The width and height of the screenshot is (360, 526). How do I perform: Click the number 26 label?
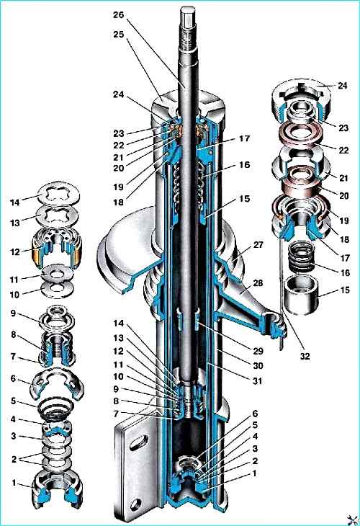click(118, 15)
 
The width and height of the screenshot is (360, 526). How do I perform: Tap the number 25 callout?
click(118, 35)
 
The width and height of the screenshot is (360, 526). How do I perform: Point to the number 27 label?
click(258, 245)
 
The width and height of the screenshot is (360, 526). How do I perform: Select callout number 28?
click(258, 282)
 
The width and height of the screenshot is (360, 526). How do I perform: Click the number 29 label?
click(258, 351)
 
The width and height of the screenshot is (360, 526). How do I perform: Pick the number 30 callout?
click(258, 365)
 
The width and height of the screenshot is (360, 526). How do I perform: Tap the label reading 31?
click(257, 380)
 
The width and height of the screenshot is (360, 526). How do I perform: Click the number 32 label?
click(305, 356)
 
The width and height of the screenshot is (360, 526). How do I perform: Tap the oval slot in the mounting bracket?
click(139, 442)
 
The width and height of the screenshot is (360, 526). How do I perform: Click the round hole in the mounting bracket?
click(136, 504)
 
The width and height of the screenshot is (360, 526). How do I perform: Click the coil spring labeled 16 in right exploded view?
click(301, 258)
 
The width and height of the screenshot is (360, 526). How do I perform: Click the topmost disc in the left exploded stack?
click(59, 194)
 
